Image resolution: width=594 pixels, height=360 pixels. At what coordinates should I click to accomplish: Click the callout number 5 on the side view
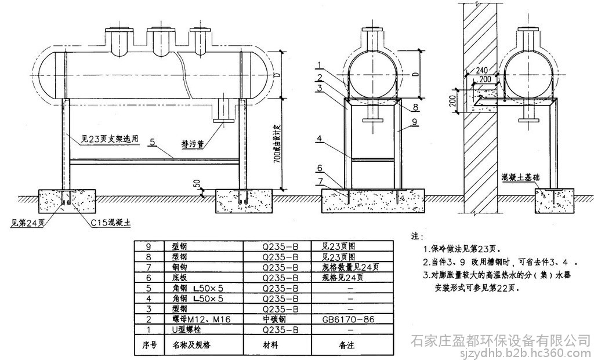pos(153,141)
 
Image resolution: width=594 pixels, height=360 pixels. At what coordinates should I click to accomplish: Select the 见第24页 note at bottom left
pos(26,222)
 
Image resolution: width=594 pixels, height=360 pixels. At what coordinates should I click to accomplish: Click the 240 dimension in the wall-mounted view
pos(481,69)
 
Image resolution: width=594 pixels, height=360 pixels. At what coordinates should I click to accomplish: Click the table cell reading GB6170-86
pos(350,319)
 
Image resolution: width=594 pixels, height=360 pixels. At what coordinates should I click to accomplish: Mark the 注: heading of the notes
pos(414,237)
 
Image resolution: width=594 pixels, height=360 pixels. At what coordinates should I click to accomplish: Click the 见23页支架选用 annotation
pos(102,139)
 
